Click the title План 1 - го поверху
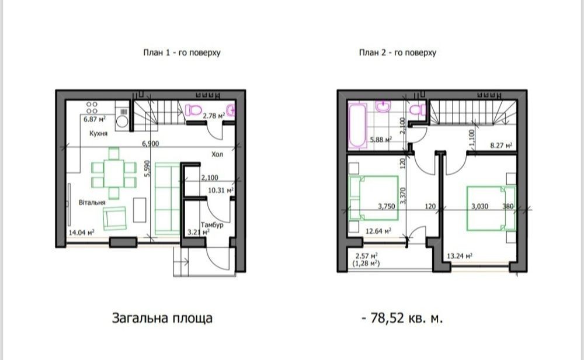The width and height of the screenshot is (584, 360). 182,53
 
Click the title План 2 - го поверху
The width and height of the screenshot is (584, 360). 397,53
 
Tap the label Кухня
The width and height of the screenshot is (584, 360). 98,133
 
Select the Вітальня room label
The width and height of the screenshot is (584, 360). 92,202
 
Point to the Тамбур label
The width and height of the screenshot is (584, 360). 212,225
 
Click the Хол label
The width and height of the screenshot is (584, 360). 217,154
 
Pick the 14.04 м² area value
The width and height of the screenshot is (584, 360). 81,232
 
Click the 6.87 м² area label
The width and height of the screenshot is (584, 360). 94,119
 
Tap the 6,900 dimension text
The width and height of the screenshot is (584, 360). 150,144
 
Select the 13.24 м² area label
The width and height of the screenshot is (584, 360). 460,256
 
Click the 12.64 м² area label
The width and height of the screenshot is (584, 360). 378,231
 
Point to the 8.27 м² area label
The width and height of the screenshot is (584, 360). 501,146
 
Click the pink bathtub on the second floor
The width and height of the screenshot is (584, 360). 357,126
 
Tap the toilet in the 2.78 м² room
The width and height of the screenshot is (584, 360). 193,109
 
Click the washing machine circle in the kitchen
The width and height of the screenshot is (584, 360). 121,122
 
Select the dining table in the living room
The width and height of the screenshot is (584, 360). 114,174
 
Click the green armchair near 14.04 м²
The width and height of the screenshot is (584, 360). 114,219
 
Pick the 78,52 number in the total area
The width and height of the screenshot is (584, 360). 387,319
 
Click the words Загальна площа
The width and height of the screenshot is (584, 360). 162,319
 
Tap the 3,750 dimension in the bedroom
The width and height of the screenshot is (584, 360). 386,206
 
